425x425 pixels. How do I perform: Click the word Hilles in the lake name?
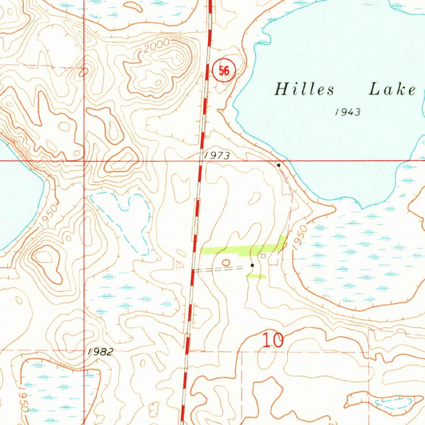[304, 89]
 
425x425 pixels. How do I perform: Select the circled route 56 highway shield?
[224, 71]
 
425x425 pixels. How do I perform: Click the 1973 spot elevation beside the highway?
[217, 155]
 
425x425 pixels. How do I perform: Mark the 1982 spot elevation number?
[100, 352]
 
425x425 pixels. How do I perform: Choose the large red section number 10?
[273, 340]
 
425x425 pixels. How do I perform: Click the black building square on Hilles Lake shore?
[278, 165]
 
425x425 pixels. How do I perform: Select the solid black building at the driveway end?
[252, 265]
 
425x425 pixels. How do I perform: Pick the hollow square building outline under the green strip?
[263, 256]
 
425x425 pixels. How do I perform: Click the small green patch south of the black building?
[256, 276]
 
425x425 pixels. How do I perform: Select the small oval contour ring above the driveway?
[226, 262]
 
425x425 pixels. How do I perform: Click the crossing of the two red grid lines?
[84, 160]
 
